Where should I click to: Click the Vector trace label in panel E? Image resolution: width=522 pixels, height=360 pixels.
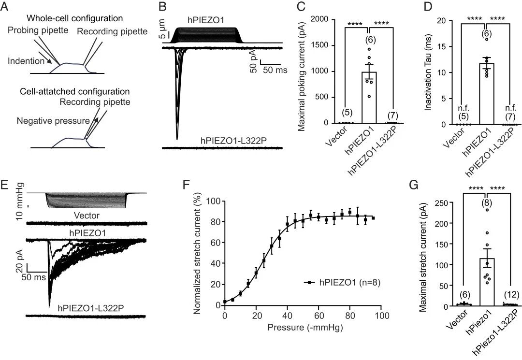point(87,216)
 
